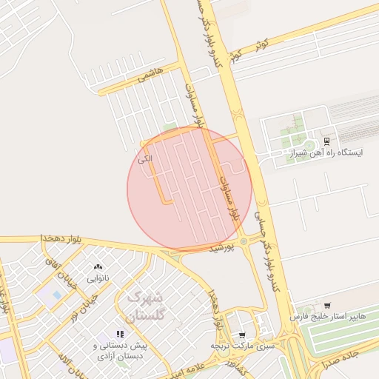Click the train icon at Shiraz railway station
point(326,141)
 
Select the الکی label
point(145,158)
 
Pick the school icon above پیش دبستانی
point(121,335)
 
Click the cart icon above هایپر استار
point(327,305)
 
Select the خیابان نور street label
point(84,308)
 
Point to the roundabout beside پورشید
point(244,241)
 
